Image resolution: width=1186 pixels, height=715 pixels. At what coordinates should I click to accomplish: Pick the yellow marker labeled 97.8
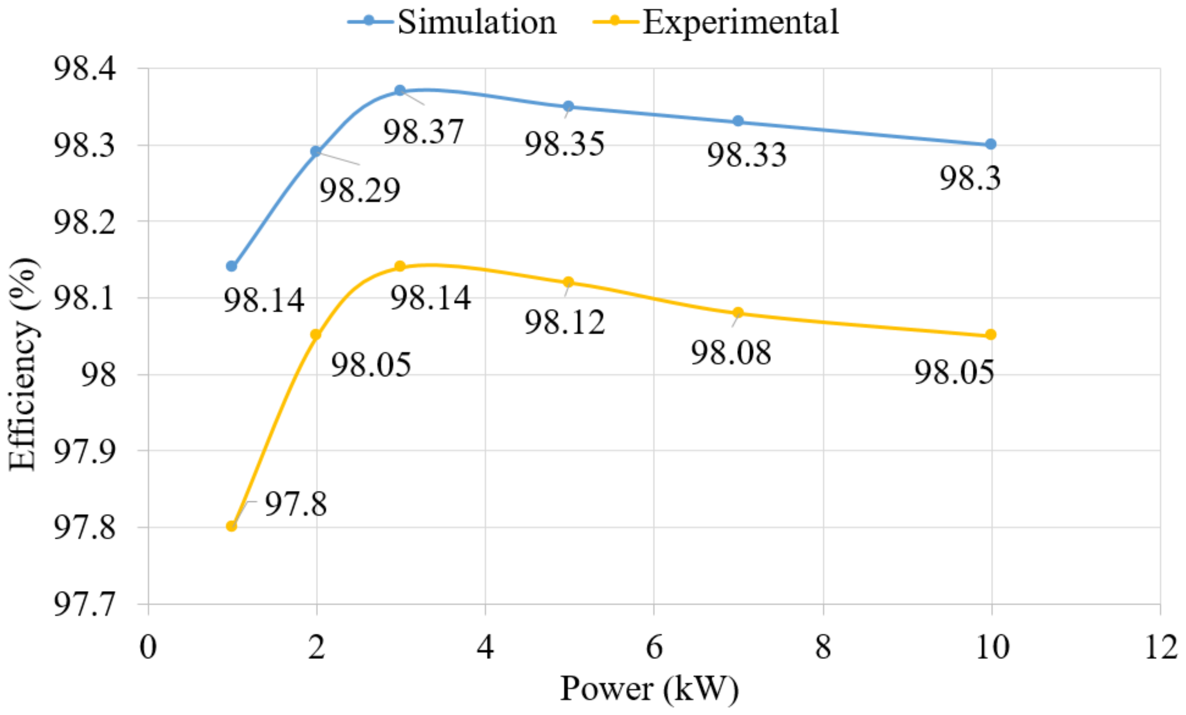231,526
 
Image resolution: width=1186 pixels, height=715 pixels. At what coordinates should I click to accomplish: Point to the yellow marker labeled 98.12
568,282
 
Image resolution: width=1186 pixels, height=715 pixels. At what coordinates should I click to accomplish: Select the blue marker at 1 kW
231,266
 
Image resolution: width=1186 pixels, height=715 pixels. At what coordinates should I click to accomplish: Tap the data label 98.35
564,144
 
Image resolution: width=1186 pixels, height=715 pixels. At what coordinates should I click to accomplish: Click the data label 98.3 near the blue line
970,178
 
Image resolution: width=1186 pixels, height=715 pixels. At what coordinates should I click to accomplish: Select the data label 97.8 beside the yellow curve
296,504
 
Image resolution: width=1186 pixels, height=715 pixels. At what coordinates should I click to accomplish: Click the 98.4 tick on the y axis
85,68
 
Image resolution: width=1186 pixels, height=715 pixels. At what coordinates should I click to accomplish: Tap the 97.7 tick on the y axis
85,604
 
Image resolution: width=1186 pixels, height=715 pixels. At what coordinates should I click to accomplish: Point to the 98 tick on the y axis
98,374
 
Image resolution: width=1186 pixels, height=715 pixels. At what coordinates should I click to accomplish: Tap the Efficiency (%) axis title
23,364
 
